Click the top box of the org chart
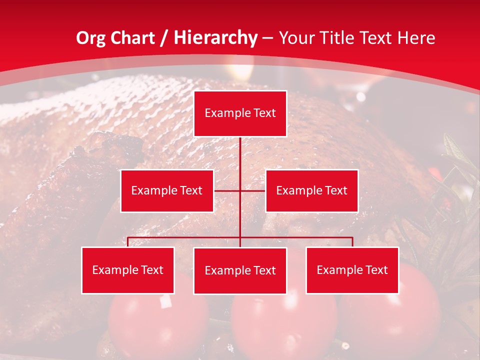point(240,113)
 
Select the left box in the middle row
point(167,190)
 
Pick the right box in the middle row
point(311,190)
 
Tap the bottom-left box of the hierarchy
point(128,270)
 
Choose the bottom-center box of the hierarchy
point(240,270)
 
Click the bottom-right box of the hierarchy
point(352,270)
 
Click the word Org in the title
point(90,38)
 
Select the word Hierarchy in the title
point(215,38)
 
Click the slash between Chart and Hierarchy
point(164,38)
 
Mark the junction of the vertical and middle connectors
point(240,190)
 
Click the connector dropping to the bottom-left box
point(128,242)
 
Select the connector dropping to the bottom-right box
point(352,242)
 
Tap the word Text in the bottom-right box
point(376,270)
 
